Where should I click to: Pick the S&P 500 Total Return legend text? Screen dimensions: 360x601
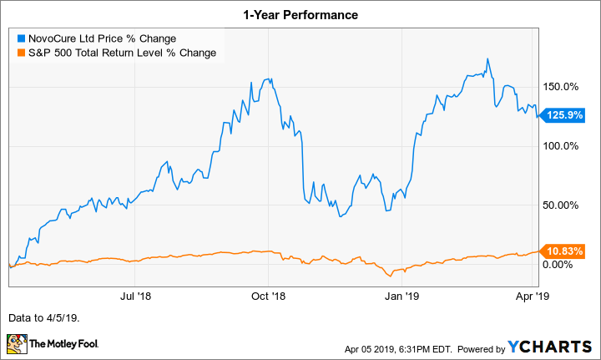(122, 53)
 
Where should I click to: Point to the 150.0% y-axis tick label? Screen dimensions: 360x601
(562, 87)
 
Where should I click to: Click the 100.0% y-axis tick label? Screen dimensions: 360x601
(562, 146)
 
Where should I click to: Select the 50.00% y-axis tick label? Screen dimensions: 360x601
(562, 205)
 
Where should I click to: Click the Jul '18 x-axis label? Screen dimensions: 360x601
(136, 296)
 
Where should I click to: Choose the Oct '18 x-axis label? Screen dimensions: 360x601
(269, 296)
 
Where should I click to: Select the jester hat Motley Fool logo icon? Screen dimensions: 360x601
(17, 343)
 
